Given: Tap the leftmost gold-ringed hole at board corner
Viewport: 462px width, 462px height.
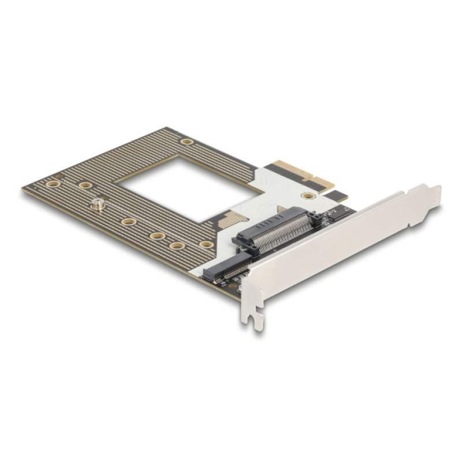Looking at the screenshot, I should (53, 184).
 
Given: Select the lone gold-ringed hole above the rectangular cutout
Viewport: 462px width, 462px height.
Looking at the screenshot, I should (186, 141).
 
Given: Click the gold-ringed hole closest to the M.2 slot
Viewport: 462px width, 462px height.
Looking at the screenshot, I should (205, 244).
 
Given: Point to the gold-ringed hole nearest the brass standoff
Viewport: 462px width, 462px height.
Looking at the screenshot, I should (85, 185).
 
